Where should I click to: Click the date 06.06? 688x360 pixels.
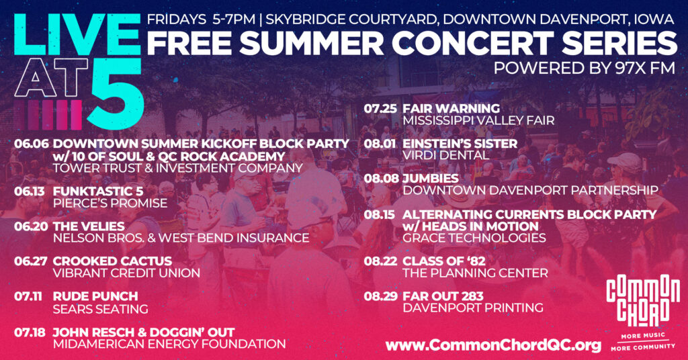[x=31, y=144]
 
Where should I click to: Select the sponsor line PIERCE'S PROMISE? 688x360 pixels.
[x=110, y=204]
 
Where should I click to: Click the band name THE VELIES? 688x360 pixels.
[x=89, y=226]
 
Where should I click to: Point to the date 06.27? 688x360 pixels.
[x=30, y=261]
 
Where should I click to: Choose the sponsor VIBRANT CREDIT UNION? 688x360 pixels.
[x=126, y=273]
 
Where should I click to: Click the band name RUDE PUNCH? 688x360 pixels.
[x=95, y=296]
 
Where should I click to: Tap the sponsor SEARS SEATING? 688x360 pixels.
[x=101, y=309]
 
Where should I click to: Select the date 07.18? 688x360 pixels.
[x=30, y=332]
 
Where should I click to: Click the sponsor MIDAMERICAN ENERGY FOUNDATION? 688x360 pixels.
[x=169, y=344]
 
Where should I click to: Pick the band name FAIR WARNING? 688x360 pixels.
[x=451, y=108]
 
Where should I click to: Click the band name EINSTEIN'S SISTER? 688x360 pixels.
[x=460, y=143]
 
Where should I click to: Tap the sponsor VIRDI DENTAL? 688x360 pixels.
[x=446, y=155]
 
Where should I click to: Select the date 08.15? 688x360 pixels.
[x=380, y=214]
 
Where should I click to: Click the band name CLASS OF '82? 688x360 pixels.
[x=444, y=261]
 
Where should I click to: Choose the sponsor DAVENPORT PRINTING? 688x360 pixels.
[x=473, y=308]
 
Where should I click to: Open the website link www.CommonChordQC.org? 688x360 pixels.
[x=493, y=345]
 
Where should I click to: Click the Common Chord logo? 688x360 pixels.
[x=643, y=312]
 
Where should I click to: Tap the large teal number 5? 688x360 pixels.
[x=116, y=93]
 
